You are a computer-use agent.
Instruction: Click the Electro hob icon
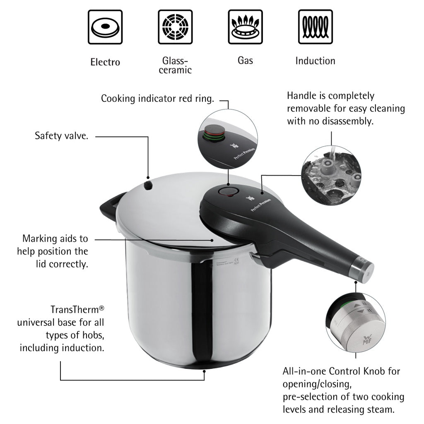pos(105,27)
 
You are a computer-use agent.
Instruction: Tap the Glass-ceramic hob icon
pos(175,27)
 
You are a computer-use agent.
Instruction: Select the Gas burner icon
pos(245,27)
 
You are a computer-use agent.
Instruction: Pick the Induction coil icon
pos(316,27)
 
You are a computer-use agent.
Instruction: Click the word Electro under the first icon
pos(105,63)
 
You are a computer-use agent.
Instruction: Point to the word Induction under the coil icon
pos(315,61)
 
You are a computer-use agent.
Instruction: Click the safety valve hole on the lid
pos(148,185)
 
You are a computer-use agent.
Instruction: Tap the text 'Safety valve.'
pos(61,136)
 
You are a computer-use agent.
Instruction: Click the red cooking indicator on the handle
pos(227,191)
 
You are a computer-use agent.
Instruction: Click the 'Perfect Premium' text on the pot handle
pos(261,204)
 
